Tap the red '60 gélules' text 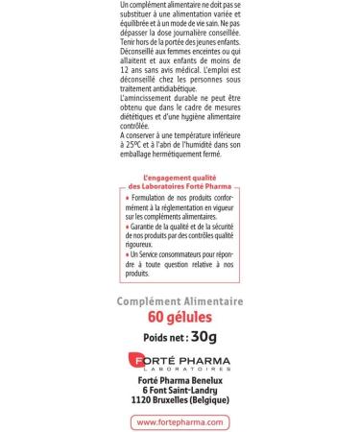pyautogui.click(x=180, y=318)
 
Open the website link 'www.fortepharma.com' pyautogui.click(x=180, y=420)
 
